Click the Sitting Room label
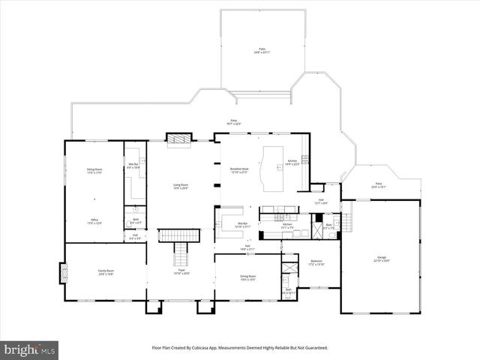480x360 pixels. pyautogui.click(x=94, y=171)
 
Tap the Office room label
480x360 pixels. pyautogui.click(x=94, y=221)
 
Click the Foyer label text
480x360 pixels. pyautogui.click(x=181, y=272)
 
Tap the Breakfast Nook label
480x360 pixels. pyautogui.click(x=238, y=171)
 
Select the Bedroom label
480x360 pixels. pyautogui.click(x=316, y=262)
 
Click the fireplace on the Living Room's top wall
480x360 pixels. pyautogui.click(x=179, y=139)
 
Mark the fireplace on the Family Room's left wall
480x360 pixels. pyautogui.click(x=62, y=273)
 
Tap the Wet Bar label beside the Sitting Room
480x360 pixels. pyautogui.click(x=133, y=166)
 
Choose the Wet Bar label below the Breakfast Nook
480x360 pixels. pyautogui.click(x=243, y=224)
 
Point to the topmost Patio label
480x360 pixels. pyautogui.click(x=262, y=50)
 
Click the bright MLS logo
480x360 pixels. pyautogui.click(x=30, y=349)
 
